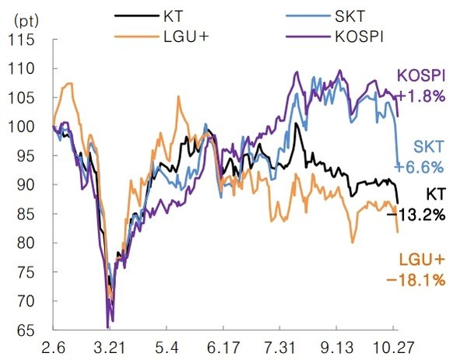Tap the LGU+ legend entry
[188, 35]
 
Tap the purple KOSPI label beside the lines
[422, 76]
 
